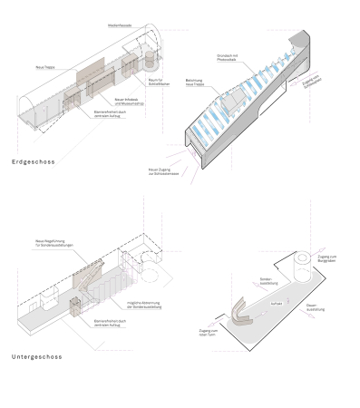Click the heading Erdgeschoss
pos(34,162)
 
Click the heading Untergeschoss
pos(37,356)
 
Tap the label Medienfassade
pos(120,25)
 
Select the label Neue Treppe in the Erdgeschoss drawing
pos(45,67)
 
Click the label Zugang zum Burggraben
pos(329,260)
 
